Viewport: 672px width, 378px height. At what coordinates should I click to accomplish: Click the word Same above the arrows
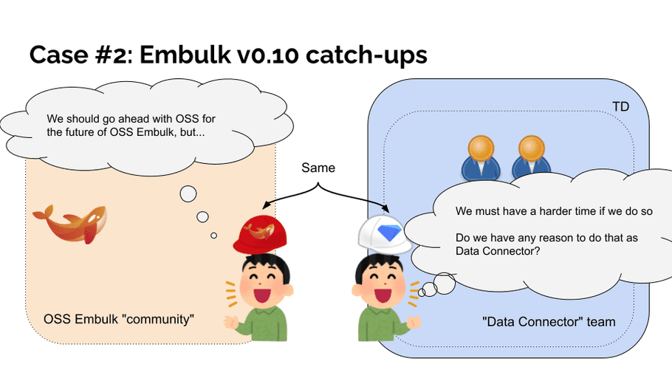pyautogui.click(x=318, y=168)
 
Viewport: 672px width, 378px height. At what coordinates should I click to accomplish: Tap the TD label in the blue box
pyautogui.click(x=620, y=106)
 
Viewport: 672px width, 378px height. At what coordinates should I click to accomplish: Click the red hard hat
pyautogui.click(x=260, y=234)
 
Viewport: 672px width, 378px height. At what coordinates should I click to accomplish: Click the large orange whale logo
pyautogui.click(x=70, y=224)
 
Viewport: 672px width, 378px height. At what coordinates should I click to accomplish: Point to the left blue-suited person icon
pyautogui.click(x=481, y=158)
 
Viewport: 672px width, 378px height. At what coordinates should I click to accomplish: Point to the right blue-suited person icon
pyautogui.click(x=532, y=157)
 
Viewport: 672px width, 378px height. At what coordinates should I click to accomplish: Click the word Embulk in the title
pyautogui.click(x=185, y=55)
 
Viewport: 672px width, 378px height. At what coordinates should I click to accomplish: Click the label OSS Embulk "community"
pyautogui.click(x=119, y=319)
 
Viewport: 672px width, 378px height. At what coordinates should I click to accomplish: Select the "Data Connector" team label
pyautogui.click(x=549, y=322)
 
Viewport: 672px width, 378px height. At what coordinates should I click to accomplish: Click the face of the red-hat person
pyautogui.click(x=264, y=286)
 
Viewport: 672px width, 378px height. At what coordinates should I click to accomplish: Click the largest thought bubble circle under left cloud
pyautogui.click(x=188, y=193)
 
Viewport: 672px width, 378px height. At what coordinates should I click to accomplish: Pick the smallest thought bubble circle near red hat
pyautogui.click(x=213, y=236)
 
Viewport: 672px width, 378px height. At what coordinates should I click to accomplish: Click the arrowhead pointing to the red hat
pyautogui.click(x=266, y=206)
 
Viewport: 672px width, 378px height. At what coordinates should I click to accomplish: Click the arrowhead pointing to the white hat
pyautogui.click(x=385, y=209)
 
